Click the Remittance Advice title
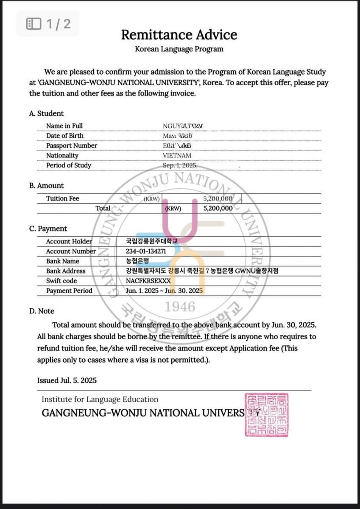point(179,35)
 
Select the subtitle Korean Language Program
point(179,49)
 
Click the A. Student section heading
point(47,113)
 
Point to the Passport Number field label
point(72,145)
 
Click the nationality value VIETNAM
point(177,156)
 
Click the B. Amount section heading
point(47,185)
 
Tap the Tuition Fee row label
point(63,199)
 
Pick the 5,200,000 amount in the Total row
point(218,208)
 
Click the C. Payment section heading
point(48,229)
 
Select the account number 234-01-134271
point(146,251)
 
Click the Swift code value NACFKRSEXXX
point(148,281)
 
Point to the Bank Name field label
point(63,261)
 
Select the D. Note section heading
point(42,311)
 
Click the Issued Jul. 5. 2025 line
point(67,380)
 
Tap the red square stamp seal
point(266,414)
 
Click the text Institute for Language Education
point(100,399)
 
